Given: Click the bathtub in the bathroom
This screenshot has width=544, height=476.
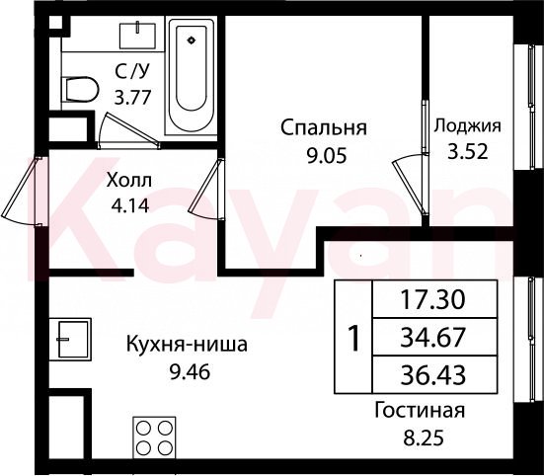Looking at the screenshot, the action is (x=192, y=77).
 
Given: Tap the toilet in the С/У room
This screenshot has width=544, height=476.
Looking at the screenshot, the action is (x=80, y=90).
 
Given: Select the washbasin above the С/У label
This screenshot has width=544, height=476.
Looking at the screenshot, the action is (x=137, y=36).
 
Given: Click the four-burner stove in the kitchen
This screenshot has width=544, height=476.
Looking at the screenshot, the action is (x=154, y=437).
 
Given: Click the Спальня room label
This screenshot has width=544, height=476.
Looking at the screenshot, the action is (x=324, y=127).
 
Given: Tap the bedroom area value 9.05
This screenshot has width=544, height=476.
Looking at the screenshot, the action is (x=327, y=156).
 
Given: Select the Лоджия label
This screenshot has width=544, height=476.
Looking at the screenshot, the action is (x=468, y=126).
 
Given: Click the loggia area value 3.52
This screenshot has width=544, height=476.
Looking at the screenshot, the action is (x=468, y=152).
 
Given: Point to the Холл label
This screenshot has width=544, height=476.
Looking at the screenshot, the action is (x=129, y=181).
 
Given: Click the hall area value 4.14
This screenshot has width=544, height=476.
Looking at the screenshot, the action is (x=130, y=205).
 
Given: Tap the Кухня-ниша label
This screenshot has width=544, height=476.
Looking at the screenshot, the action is (x=187, y=345).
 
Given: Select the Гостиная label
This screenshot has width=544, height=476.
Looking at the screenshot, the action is (x=420, y=411).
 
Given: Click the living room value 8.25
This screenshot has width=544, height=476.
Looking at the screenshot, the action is (x=424, y=437).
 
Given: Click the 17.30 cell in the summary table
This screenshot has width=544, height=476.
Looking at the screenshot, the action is (x=434, y=299).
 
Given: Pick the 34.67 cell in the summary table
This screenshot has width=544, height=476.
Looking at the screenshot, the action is (x=434, y=337).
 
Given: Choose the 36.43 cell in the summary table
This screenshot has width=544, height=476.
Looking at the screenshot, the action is (x=434, y=374).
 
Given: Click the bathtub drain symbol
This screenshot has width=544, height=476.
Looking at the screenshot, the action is (x=192, y=40).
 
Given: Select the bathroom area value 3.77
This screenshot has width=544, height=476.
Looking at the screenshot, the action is (x=133, y=98).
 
